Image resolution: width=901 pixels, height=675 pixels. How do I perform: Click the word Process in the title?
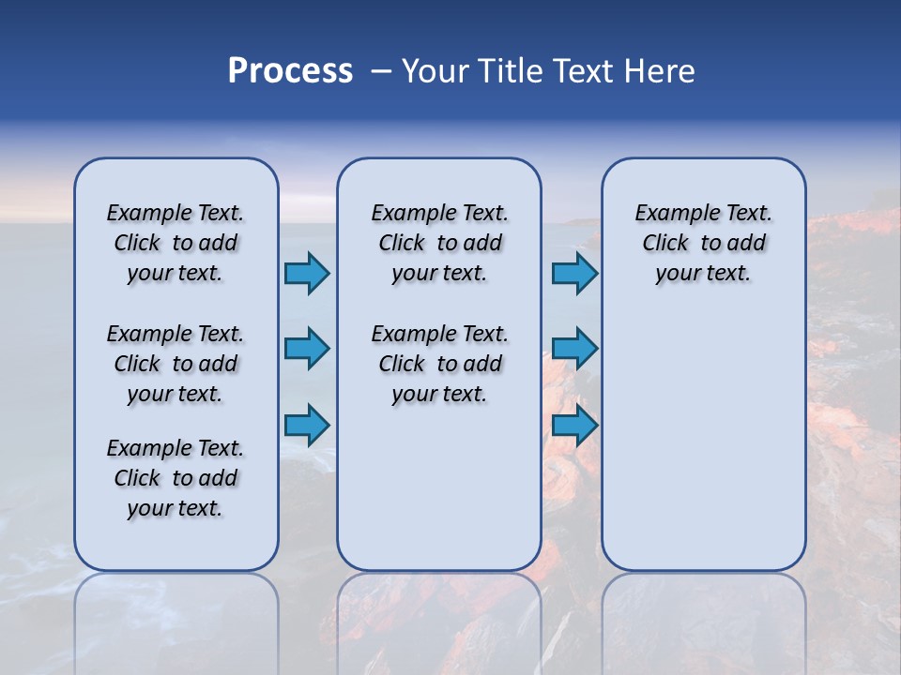coord(290,71)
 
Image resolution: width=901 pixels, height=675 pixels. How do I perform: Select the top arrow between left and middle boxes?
coord(307,273)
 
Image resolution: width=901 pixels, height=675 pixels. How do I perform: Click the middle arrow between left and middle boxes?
coord(307,349)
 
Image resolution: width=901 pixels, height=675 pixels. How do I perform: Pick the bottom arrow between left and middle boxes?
coord(307,425)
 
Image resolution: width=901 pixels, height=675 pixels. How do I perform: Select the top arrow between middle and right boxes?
coord(574,273)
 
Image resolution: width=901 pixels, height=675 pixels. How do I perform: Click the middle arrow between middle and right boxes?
coord(574,349)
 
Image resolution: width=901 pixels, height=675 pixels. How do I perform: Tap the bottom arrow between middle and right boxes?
coord(574,425)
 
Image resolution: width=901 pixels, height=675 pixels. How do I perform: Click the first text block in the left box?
coord(176,243)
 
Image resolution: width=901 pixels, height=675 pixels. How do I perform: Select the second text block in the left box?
coord(176,364)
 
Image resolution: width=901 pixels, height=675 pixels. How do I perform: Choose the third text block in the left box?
coord(176,478)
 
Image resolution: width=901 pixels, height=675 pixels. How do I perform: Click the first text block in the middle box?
coord(439,243)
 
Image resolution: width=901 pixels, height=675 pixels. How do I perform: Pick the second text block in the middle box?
coord(439,364)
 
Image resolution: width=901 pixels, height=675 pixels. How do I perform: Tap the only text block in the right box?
coord(703,243)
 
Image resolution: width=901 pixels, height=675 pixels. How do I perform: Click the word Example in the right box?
coord(669,214)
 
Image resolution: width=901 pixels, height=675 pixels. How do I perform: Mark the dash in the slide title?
coord(380,71)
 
